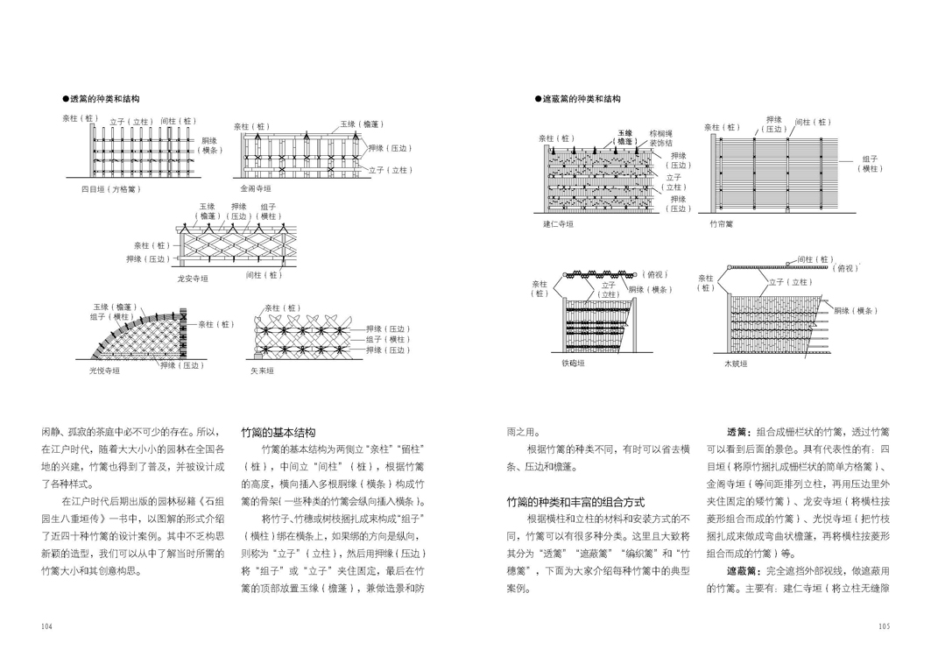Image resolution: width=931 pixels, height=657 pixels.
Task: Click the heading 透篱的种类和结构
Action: (x=104, y=100)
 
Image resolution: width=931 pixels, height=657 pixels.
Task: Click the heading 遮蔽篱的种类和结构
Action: (x=582, y=100)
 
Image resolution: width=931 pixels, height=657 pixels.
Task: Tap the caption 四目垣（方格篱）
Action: (x=110, y=188)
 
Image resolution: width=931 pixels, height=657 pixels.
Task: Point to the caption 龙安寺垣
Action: (x=193, y=278)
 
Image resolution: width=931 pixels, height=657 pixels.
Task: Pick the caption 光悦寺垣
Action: (x=104, y=371)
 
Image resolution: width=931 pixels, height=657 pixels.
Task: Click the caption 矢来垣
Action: (x=262, y=371)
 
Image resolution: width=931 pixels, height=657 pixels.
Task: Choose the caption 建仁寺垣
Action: (x=558, y=224)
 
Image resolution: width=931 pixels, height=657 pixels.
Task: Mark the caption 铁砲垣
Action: (x=573, y=362)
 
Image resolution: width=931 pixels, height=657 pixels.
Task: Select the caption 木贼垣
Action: (x=736, y=362)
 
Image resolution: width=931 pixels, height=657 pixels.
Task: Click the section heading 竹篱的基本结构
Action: (x=278, y=433)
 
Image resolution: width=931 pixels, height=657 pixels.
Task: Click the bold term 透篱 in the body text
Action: (x=738, y=432)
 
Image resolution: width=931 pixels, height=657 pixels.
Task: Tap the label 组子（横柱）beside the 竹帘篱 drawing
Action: (x=871, y=164)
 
